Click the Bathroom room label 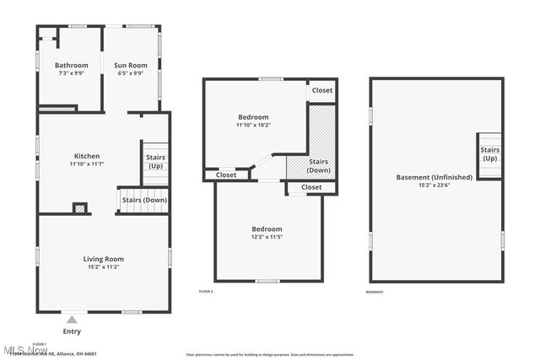point(72,65)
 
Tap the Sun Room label point(131,65)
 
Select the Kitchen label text point(87,156)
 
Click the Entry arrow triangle point(72,320)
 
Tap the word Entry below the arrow point(72,331)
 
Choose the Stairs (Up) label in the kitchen point(156,161)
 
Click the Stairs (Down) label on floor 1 point(144,200)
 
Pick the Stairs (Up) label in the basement point(489,153)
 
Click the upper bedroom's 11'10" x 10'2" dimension point(253,125)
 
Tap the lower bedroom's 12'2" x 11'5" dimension point(267,238)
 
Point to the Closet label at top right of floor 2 point(322,90)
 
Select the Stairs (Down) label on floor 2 point(318,165)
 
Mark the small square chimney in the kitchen point(80,207)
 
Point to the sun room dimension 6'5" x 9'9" point(131,73)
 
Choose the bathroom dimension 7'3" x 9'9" point(72,73)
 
